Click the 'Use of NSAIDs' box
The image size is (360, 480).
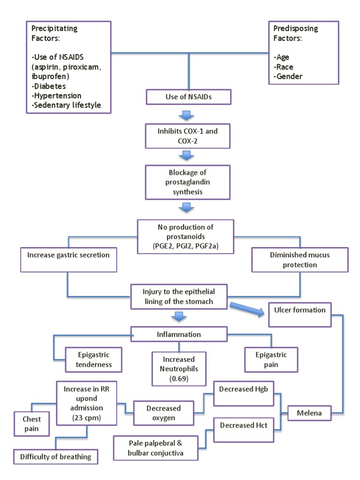tap(189, 97)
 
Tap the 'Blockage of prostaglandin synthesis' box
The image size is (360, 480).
tap(188, 182)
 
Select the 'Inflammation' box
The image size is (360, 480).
tap(179, 335)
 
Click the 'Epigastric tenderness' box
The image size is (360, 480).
tap(94, 360)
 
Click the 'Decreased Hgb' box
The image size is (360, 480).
tap(244, 393)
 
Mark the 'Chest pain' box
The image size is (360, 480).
tap(32, 424)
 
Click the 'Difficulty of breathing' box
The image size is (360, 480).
tap(56, 456)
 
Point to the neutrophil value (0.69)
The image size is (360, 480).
tap(179, 379)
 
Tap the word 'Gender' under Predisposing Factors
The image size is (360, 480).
tap(288, 76)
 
